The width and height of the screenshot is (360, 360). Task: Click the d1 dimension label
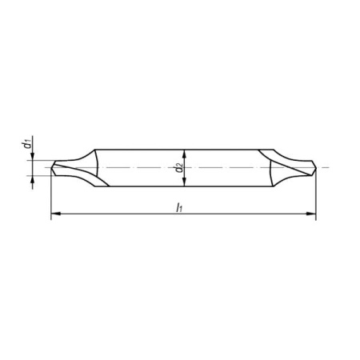(26, 143)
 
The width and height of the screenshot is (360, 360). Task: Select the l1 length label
(179, 207)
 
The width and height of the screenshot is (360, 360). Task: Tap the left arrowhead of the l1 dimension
(55, 214)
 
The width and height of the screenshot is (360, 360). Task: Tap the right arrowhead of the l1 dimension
(311, 214)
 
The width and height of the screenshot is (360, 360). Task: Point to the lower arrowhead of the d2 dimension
(184, 182)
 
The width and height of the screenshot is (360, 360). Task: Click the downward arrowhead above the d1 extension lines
(33, 156)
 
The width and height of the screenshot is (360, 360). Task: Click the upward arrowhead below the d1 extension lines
(33, 180)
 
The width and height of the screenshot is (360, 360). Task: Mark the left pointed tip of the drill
(51, 168)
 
